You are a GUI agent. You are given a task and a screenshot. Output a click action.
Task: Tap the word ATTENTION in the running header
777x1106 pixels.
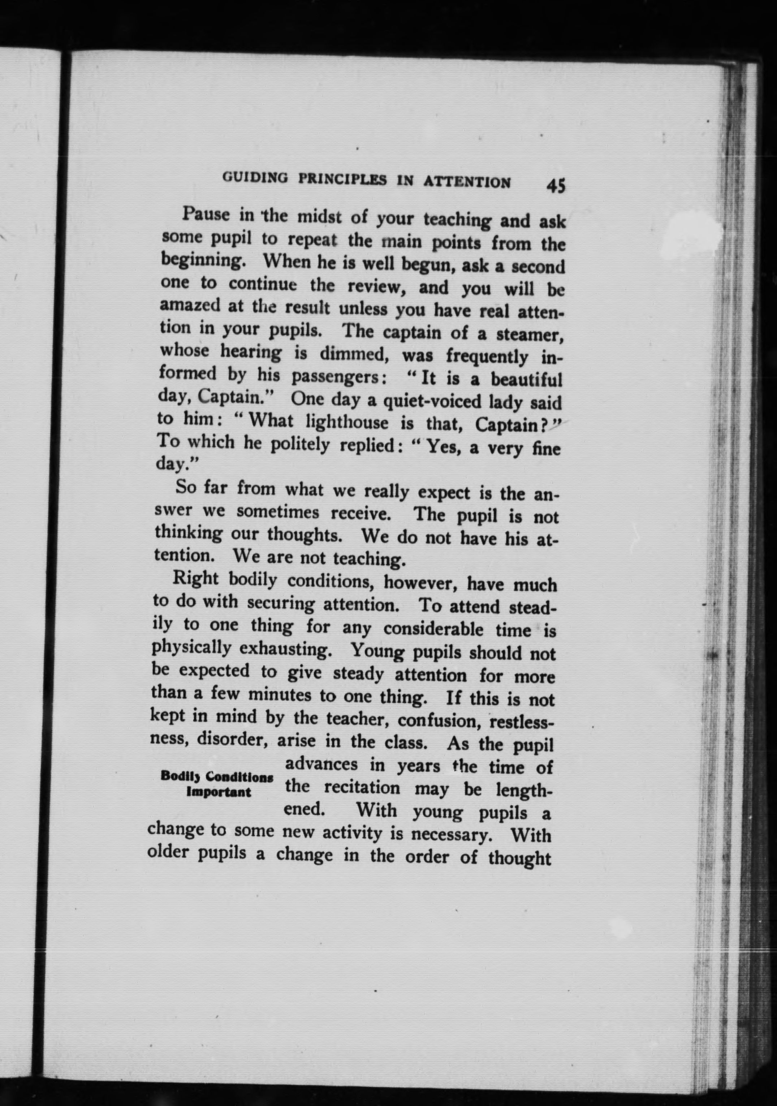pos(466,182)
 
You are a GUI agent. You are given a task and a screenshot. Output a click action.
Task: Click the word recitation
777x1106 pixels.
pos(362,788)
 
